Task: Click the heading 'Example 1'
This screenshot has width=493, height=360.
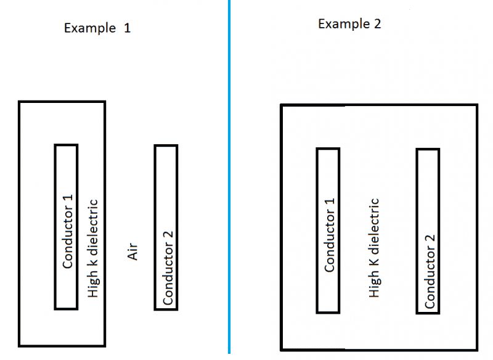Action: [97, 28]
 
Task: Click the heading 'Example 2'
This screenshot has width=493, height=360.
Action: [349, 24]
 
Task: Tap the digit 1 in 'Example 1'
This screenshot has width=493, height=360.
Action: [127, 28]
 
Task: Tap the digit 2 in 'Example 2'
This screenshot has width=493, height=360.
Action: [377, 24]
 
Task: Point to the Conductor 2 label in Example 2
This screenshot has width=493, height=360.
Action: [430, 271]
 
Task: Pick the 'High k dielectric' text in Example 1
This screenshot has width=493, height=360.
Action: [94, 247]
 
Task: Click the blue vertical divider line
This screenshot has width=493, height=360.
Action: [229, 179]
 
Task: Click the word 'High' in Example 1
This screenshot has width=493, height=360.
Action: [94, 285]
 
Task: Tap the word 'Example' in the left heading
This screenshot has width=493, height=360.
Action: [90, 28]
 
